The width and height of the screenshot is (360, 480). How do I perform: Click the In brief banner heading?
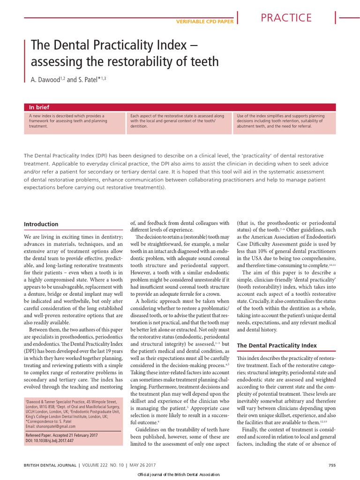(x=39, y=107)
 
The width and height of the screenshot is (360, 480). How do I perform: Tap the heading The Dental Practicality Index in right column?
(x=277, y=345)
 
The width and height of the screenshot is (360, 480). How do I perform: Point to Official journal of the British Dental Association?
(x=180, y=475)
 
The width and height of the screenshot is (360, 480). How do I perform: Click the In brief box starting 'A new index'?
(x=73, y=121)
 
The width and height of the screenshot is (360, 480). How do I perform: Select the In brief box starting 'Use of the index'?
(x=286, y=121)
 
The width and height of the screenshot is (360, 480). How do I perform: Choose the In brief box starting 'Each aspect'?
(x=180, y=121)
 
